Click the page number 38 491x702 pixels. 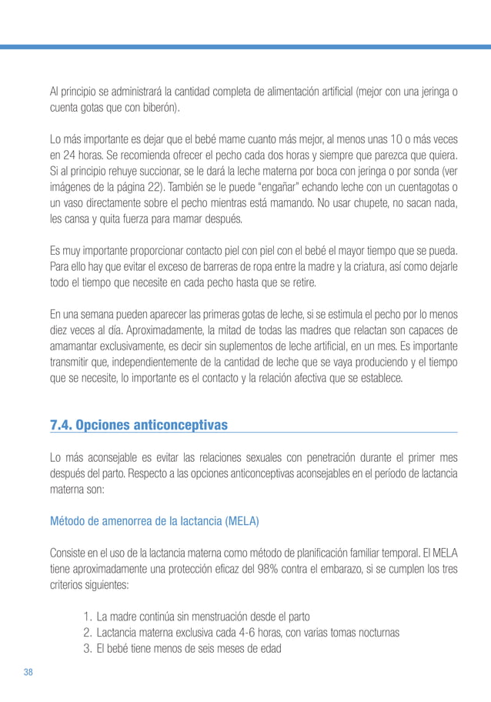(28, 672)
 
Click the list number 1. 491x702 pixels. (85, 616)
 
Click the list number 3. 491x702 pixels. (85, 648)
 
